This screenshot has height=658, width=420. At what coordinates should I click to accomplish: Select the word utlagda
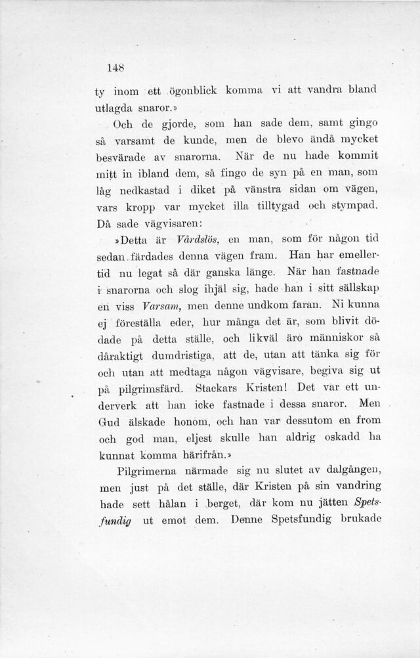115,108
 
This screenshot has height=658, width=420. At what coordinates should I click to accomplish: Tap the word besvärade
120,157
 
